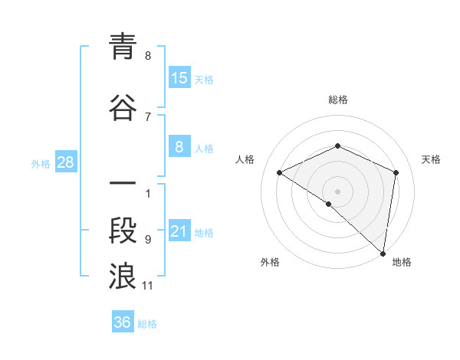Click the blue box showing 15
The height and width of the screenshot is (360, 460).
click(x=179, y=77)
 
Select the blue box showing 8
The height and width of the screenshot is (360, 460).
click(x=179, y=148)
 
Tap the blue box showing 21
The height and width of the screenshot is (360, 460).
click(x=179, y=232)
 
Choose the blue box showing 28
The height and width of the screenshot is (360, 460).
click(x=65, y=162)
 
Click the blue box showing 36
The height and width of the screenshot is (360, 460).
click(x=122, y=322)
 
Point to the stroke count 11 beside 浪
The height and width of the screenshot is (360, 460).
click(x=148, y=286)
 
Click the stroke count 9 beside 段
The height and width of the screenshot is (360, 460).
click(x=148, y=239)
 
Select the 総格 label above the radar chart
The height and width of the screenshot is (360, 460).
click(x=337, y=100)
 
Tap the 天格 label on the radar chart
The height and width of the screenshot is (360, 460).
click(x=432, y=159)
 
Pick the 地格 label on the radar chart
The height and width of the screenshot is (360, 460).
click(x=402, y=262)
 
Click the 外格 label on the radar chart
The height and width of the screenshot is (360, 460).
click(x=270, y=262)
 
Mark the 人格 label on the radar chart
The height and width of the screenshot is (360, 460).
click(x=245, y=159)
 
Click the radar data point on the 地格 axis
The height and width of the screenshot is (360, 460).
click(x=383, y=253)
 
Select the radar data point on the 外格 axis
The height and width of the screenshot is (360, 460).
click(x=328, y=204)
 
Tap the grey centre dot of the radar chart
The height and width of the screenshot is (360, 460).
click(x=337, y=191)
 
